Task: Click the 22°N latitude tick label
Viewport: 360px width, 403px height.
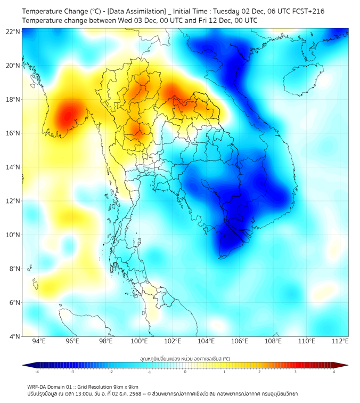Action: point(13,31)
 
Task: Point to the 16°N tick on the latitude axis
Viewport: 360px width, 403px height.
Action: point(13,133)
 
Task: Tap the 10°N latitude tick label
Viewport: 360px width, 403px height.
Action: point(13,235)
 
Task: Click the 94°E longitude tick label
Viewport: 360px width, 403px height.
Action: point(39,341)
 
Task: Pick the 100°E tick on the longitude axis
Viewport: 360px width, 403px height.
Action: point(140,341)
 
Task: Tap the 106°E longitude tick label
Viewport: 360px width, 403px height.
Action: point(240,341)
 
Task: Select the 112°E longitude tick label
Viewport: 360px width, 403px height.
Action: point(340,341)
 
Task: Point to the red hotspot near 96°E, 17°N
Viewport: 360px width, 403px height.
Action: point(68,115)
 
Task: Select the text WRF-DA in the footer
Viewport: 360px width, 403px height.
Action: point(38,386)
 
